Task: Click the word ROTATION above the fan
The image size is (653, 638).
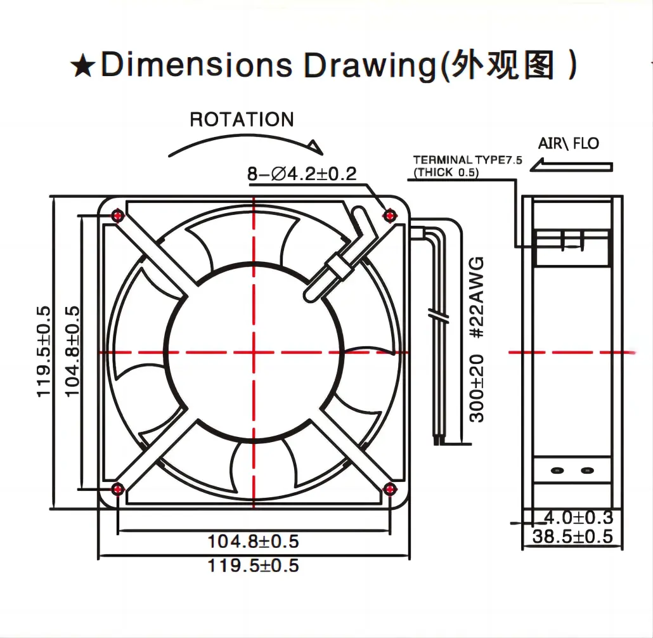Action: pyautogui.click(x=242, y=119)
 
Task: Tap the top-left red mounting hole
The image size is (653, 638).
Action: pyautogui.click(x=118, y=216)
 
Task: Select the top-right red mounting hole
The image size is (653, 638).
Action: pyautogui.click(x=390, y=216)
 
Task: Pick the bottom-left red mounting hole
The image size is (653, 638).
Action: pyautogui.click(x=118, y=488)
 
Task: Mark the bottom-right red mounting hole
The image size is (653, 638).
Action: pyautogui.click(x=390, y=488)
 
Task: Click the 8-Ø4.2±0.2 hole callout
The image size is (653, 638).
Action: pyautogui.click(x=302, y=174)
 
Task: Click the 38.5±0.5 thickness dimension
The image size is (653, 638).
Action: pyautogui.click(x=572, y=537)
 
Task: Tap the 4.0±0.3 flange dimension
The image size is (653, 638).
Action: pyautogui.click(x=572, y=518)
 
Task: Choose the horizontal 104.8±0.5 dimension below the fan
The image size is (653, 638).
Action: pyautogui.click(x=253, y=542)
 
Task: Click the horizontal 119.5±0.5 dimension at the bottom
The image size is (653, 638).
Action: pyautogui.click(x=253, y=565)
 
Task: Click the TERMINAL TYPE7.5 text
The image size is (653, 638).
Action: pyautogui.click(x=467, y=160)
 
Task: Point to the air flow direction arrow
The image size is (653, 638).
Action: pyautogui.click(x=573, y=167)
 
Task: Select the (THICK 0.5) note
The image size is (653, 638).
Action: pyautogui.click(x=446, y=172)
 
